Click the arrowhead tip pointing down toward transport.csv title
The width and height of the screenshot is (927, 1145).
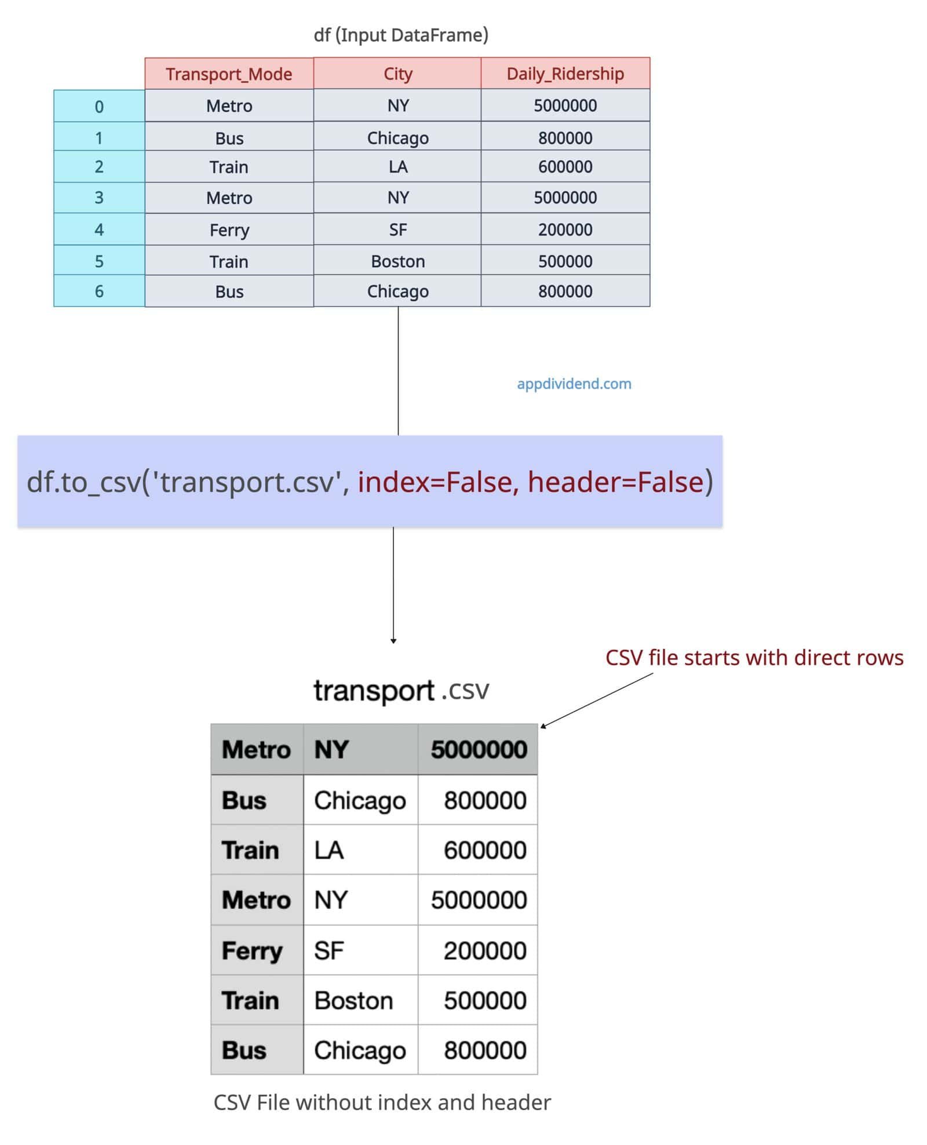pyautogui.click(x=393, y=643)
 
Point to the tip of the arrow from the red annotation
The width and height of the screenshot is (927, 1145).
pyautogui.click(x=541, y=728)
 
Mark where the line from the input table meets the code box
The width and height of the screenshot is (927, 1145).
pyautogui.click(x=398, y=435)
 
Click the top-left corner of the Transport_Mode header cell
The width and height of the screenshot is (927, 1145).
pyautogui.click(x=145, y=58)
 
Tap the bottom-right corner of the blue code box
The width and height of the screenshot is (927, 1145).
pyautogui.click(x=722, y=527)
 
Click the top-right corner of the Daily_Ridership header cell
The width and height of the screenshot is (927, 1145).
pyautogui.click(x=650, y=57)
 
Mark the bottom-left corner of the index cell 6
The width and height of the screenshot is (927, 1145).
pyautogui.click(x=54, y=306)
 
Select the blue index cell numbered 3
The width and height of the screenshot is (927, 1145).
pyautogui.click(x=99, y=198)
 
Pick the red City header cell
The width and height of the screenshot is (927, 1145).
pyautogui.click(x=397, y=73)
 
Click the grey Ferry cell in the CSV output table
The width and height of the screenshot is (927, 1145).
pyautogui.click(x=257, y=950)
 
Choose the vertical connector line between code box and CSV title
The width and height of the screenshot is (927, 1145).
pyautogui.click(x=393, y=585)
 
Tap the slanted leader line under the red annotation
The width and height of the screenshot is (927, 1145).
pyautogui.click(x=597, y=700)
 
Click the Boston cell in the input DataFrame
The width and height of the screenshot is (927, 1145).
pyautogui.click(x=397, y=261)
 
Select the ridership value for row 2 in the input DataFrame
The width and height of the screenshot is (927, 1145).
pyautogui.click(x=565, y=167)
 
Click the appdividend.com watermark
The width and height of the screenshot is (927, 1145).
pyautogui.click(x=574, y=384)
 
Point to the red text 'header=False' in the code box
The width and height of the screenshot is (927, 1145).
pyautogui.click(x=615, y=482)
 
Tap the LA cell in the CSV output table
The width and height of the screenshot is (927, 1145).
pyautogui.click(x=360, y=850)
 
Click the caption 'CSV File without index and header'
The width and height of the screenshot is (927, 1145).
pyautogui.click(x=382, y=1102)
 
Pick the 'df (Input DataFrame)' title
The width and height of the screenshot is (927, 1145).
pyautogui.click(x=401, y=35)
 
